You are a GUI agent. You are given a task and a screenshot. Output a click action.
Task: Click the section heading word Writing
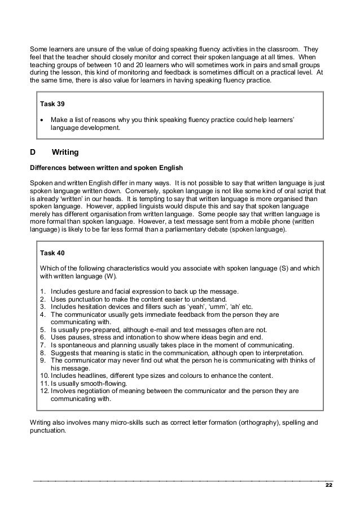click(x=65, y=152)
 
